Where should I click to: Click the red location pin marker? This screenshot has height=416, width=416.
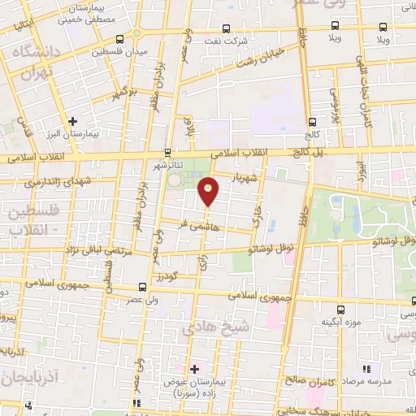(x=210, y=191)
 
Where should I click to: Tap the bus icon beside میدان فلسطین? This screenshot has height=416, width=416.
(x=120, y=38)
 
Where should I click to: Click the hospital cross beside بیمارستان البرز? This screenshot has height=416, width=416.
(x=73, y=121)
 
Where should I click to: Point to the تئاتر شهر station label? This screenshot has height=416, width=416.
(x=169, y=164)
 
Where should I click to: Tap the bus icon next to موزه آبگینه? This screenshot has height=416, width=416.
(x=341, y=310)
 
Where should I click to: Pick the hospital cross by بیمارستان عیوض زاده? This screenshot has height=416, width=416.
(x=194, y=369)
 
